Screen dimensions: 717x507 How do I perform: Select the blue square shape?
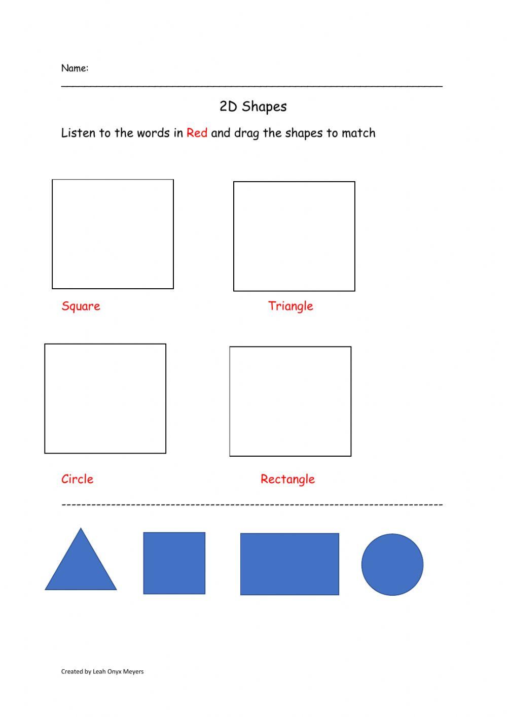click(x=174, y=563)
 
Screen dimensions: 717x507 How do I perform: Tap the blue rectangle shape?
click(x=289, y=564)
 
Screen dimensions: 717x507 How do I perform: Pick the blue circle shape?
click(x=392, y=564)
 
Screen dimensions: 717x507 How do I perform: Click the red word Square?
click(x=81, y=306)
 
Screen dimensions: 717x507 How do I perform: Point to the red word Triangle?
click(x=291, y=306)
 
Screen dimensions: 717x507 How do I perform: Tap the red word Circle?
click(x=77, y=479)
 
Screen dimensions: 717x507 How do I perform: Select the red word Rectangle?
click(x=287, y=479)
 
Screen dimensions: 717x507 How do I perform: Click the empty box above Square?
click(x=113, y=234)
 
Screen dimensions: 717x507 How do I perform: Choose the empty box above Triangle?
click(x=294, y=236)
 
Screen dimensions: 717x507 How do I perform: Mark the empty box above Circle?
click(x=105, y=398)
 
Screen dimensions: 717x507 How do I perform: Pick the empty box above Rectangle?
click(x=290, y=401)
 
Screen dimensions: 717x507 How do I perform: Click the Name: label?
click(x=75, y=68)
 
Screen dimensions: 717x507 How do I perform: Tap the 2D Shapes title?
click(x=253, y=107)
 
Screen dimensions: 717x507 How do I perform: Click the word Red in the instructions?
click(x=197, y=133)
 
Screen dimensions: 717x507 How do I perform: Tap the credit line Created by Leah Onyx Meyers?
click(x=102, y=671)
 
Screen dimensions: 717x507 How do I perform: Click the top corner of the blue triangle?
click(x=81, y=530)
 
